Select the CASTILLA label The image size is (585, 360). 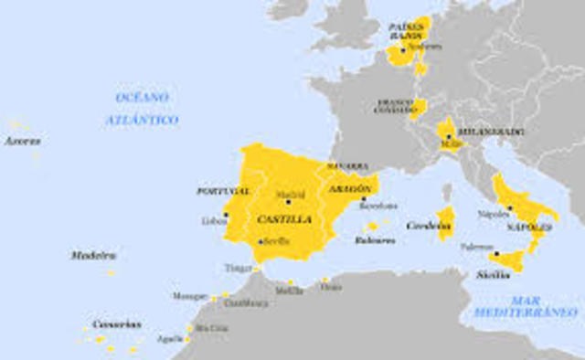click(284, 219)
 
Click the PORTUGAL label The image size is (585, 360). click(223, 191)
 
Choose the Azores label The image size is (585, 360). click(22, 142)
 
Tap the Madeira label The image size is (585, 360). click(93, 255)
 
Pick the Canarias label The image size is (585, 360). click(116, 323)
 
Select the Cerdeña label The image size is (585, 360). click(425, 226)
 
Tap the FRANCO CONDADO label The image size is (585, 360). click(397, 106)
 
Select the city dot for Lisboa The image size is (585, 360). click(226, 214)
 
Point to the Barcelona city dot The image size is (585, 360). click(363, 198)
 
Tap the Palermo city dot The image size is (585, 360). click(495, 253)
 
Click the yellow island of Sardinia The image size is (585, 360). click(446, 223)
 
